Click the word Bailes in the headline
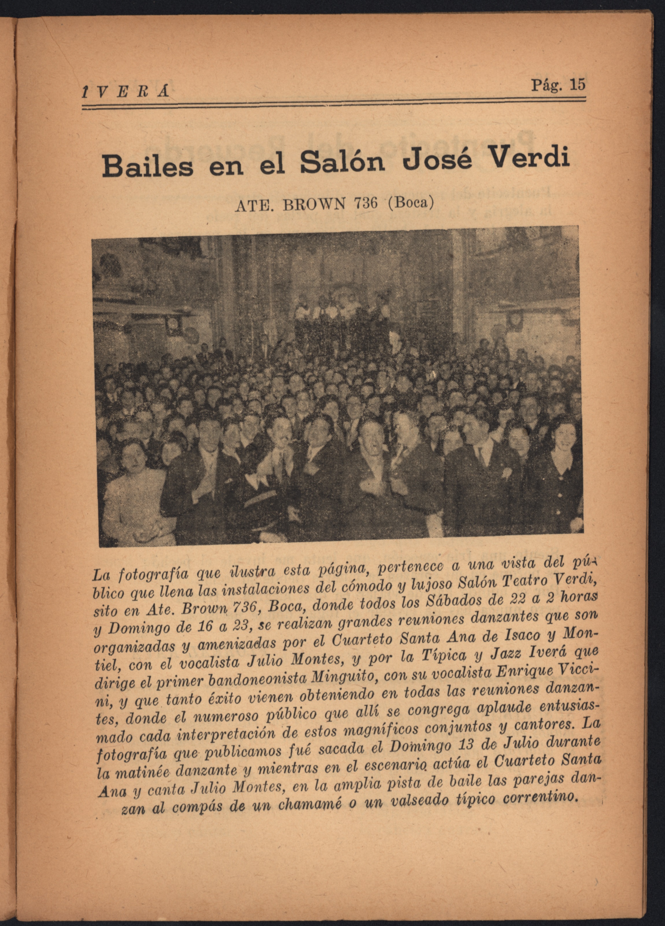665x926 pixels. click(x=147, y=167)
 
